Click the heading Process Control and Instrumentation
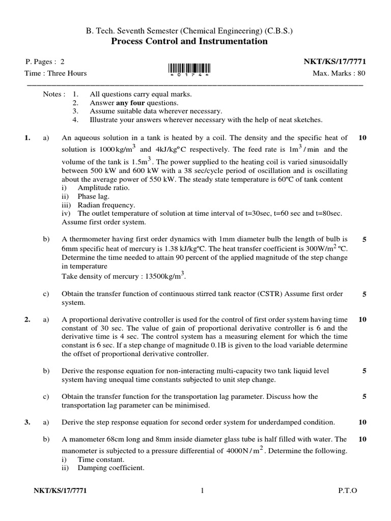[189, 41]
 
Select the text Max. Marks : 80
[339, 73]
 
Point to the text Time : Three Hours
[56, 73]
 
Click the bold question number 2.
[27, 320]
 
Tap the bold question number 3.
[27, 422]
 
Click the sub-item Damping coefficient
[104, 468]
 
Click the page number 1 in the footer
[202, 491]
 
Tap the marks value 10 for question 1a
[362, 137]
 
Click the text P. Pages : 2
[45, 62]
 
